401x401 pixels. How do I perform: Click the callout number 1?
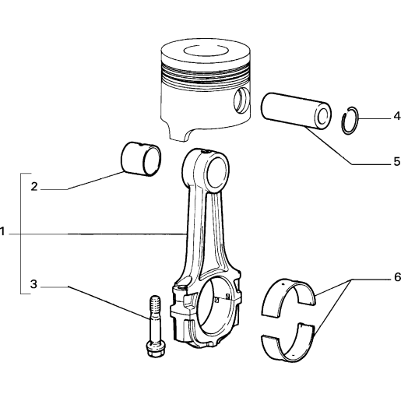pyautogui.click(x=2, y=231)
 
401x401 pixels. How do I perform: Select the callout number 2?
pyautogui.click(x=34, y=187)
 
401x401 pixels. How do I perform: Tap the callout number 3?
pyautogui.click(x=33, y=284)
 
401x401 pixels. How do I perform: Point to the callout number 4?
pyautogui.click(x=397, y=116)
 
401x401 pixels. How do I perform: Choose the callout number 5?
pyautogui.click(x=397, y=161)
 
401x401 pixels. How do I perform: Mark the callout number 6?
pyautogui.click(x=397, y=277)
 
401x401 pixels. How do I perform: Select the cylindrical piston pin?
pyautogui.click(x=296, y=111)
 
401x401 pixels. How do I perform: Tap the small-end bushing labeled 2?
pyautogui.click(x=141, y=159)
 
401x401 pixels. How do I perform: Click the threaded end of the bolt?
pyautogui.click(x=155, y=306)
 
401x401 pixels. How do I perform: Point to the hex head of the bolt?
pyautogui.click(x=156, y=350)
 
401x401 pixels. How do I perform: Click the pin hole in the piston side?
pyautogui.click(x=241, y=100)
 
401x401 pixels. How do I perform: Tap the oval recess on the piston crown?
pyautogui.click(x=206, y=51)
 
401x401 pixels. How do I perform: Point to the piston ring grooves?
pyautogui.click(x=206, y=75)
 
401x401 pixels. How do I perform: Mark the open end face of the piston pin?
pyautogui.click(x=323, y=116)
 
